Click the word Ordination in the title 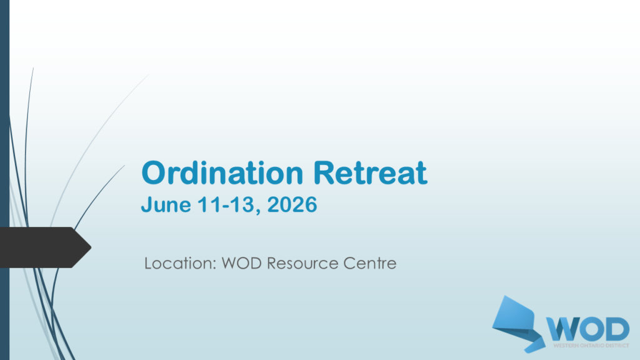222,172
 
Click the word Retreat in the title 370,172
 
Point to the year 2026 292,204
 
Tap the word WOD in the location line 241,263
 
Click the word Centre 370,263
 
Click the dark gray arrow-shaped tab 45,247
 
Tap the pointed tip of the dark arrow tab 91,247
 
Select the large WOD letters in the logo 587,329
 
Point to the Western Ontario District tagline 591,346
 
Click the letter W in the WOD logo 564,329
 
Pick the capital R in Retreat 324,172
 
